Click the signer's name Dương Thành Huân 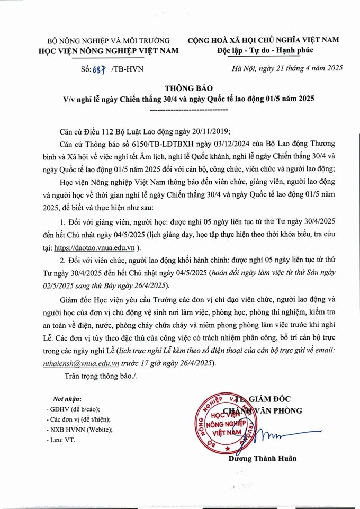coord(263,458)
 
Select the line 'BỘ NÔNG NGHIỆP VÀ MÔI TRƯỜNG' coord(109,40)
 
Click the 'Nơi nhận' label coord(67,398)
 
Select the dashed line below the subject coord(189,109)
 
